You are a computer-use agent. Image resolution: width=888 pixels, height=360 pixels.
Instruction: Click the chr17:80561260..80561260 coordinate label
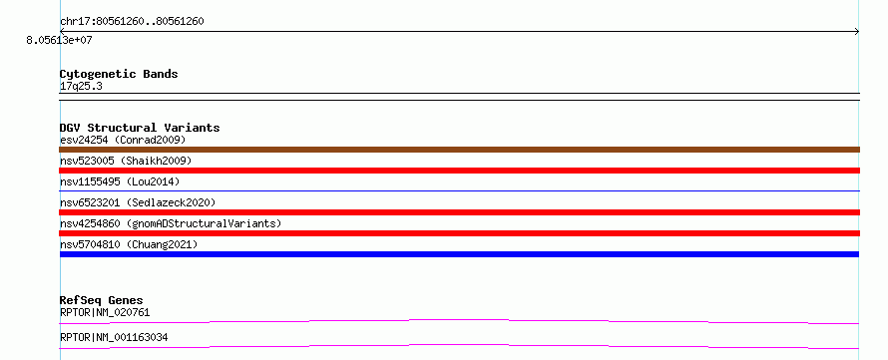click(x=132, y=22)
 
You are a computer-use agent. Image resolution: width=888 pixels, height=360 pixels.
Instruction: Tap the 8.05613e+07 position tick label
click(x=60, y=41)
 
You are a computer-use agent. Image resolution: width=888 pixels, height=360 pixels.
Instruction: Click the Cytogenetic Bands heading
click(x=119, y=74)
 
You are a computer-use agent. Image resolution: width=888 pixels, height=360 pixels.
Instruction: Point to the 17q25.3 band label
click(x=81, y=87)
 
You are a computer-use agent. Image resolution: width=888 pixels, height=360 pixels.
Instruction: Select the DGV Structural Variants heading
click(x=140, y=128)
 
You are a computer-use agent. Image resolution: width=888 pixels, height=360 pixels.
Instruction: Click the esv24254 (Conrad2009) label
click(x=123, y=140)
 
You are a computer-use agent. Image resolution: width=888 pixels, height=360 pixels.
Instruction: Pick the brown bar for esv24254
click(x=459, y=150)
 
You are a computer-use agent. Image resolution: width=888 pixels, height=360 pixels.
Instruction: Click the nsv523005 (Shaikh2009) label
click(x=126, y=161)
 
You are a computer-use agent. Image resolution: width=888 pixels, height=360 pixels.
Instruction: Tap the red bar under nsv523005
click(x=459, y=171)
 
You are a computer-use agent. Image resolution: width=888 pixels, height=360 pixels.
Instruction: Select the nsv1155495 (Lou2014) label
click(x=120, y=181)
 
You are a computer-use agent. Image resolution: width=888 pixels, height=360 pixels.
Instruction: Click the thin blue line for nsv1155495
click(x=459, y=191)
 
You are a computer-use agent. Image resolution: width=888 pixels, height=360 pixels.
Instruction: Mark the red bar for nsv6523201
click(x=459, y=212)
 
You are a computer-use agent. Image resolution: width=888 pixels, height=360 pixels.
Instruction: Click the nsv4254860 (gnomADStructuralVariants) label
click(x=171, y=223)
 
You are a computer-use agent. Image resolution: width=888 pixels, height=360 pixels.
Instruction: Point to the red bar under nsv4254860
click(x=459, y=233)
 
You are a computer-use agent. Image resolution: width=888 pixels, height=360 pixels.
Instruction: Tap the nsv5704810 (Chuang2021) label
click(x=129, y=244)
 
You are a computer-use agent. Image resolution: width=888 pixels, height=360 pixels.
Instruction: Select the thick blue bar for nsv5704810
click(x=459, y=254)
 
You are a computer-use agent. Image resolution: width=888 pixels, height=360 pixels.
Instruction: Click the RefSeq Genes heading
click(x=102, y=300)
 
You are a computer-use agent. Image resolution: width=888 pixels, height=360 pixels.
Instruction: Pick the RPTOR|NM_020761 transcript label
click(x=105, y=312)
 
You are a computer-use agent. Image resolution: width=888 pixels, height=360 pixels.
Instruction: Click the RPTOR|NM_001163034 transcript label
click(x=114, y=338)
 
